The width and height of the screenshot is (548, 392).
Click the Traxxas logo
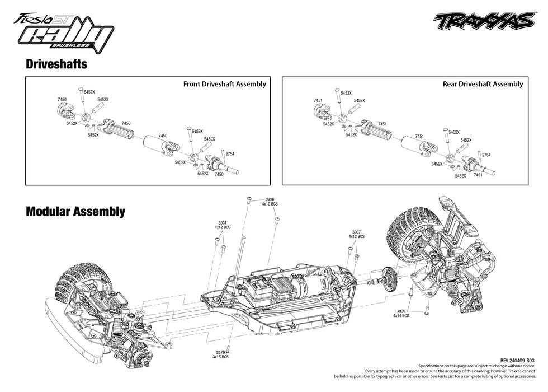point(484,21)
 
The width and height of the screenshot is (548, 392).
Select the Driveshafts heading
point(56,64)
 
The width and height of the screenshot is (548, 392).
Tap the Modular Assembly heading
point(75,212)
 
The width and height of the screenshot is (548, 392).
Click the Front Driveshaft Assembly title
point(224,84)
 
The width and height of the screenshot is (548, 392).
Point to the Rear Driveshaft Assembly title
point(483,84)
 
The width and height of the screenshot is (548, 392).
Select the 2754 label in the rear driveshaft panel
point(486,155)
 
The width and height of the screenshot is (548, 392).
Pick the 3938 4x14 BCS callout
point(401,313)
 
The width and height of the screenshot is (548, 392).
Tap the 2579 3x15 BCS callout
point(221,354)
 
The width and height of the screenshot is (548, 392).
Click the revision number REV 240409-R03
point(517,361)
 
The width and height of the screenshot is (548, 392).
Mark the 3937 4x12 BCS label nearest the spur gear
point(356,234)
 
